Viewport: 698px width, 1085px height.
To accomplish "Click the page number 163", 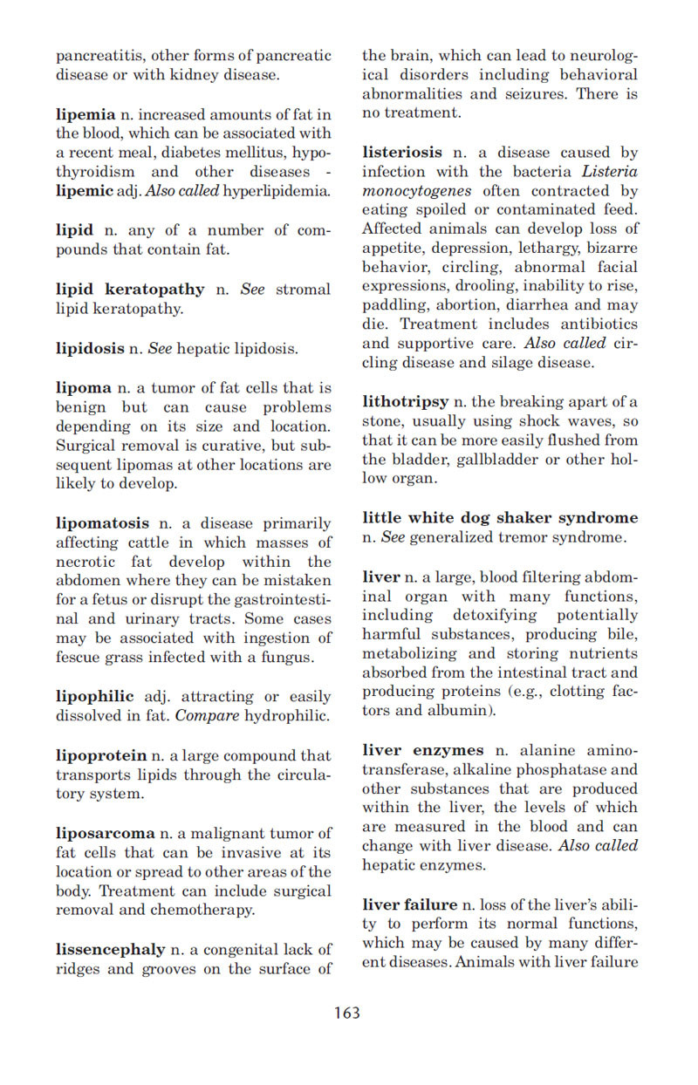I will click(x=346, y=1013).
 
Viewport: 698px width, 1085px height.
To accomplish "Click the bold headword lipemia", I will click(x=86, y=114).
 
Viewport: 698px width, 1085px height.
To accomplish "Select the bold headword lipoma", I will click(x=84, y=388).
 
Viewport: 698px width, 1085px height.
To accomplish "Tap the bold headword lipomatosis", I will click(x=102, y=523).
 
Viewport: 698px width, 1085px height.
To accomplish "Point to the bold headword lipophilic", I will click(x=94, y=696).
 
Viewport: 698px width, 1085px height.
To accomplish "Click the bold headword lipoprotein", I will click(x=101, y=755).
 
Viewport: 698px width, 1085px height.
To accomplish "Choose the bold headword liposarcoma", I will click(x=105, y=833).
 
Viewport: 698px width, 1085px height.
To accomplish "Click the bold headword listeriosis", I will click(x=402, y=152).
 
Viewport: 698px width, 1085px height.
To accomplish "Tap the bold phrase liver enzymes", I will click(x=422, y=750).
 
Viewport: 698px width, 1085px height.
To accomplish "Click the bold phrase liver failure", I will click(x=409, y=904).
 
